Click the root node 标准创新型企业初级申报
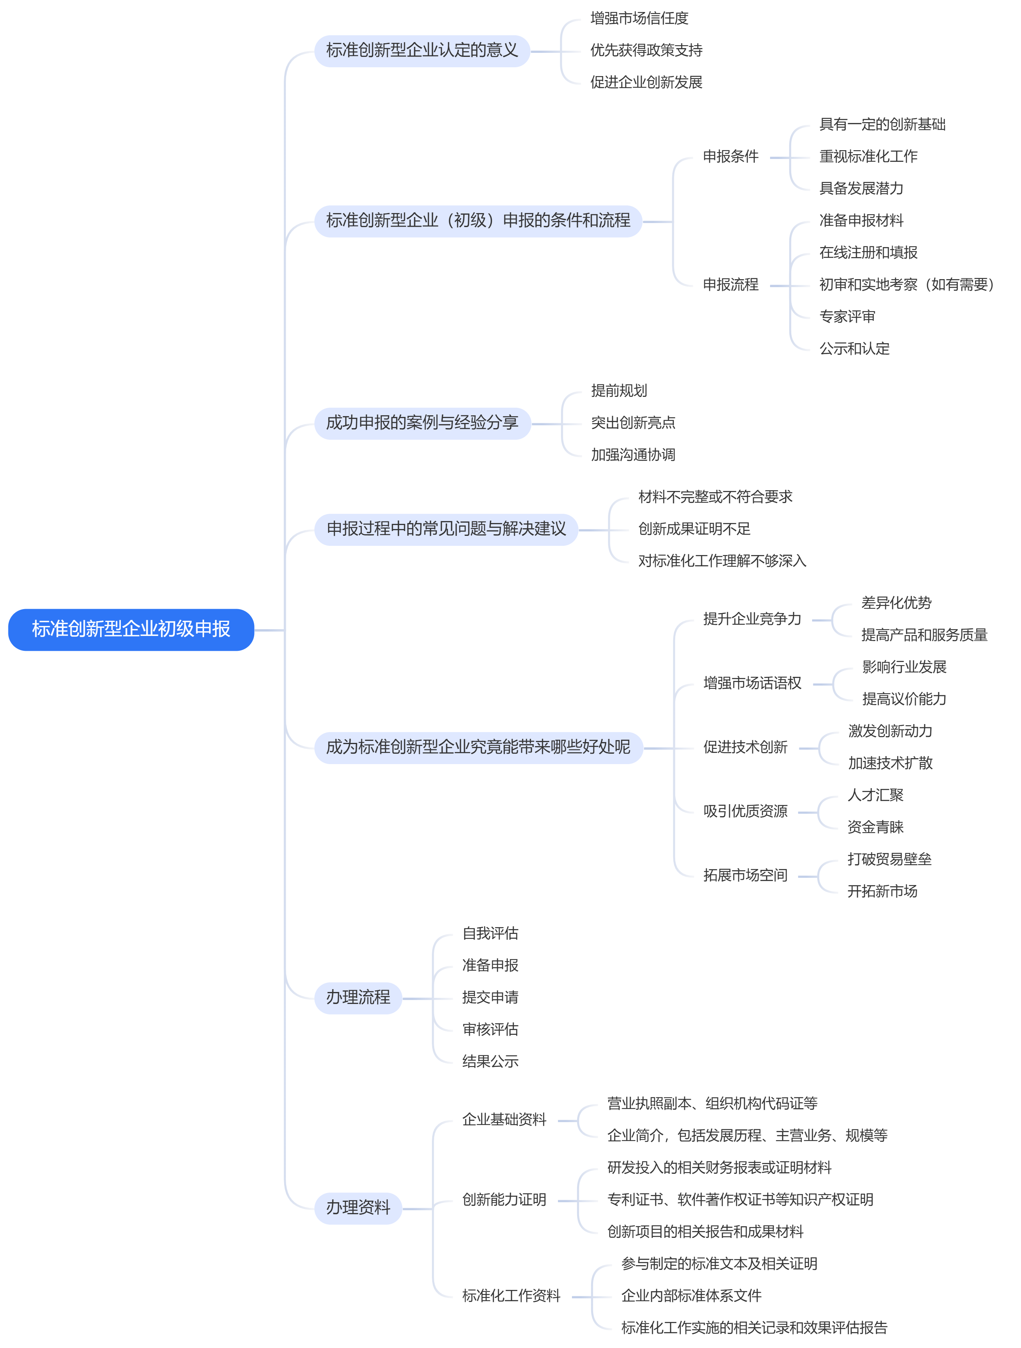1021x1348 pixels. coord(131,630)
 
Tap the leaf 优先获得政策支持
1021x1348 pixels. coord(646,50)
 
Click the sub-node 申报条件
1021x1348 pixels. coord(730,157)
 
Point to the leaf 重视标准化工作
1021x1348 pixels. coord(868,157)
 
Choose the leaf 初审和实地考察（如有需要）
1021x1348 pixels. coord(907,285)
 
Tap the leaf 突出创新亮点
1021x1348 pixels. coord(633,423)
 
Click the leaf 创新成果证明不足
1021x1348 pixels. coord(694,529)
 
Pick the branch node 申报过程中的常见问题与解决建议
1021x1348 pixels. coord(446,529)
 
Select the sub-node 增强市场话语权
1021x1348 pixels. coord(752,683)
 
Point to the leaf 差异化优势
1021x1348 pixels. coord(896,603)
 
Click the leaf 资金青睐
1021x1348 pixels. coord(875,827)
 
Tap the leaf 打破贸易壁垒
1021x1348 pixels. coord(889,859)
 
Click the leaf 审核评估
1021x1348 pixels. coord(490,1029)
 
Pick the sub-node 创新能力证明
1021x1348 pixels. coord(504,1200)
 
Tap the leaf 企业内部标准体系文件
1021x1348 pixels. coord(692,1296)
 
